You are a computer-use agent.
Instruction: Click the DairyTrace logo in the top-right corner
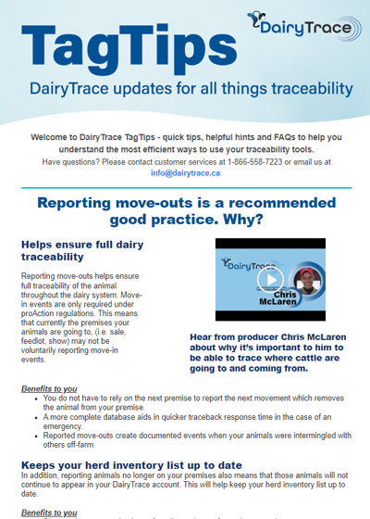click(304, 29)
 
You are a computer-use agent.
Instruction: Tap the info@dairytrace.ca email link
click(185, 172)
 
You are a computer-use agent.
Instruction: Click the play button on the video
click(269, 280)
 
